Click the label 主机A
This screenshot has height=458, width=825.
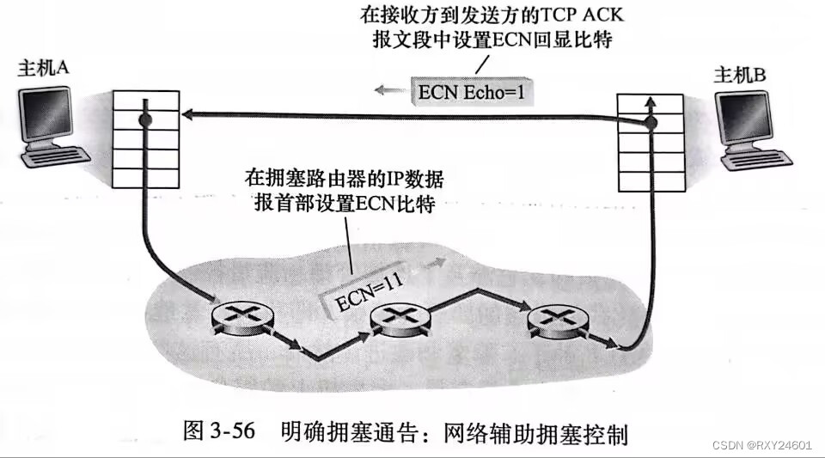tap(44, 69)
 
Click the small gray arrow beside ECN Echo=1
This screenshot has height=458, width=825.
tap(391, 88)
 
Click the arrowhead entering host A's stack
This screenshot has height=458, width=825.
tap(185, 113)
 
